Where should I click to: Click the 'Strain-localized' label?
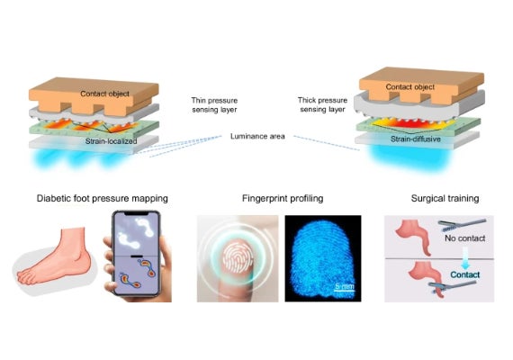[x=111, y=141]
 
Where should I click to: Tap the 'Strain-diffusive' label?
[x=416, y=139]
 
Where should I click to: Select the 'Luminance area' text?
[x=257, y=136]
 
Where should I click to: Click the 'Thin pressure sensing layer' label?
[x=214, y=104]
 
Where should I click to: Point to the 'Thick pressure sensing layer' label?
[x=322, y=104]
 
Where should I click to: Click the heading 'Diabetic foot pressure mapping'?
[x=103, y=198]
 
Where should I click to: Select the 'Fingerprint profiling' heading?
[x=283, y=198]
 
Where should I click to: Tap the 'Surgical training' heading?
[x=445, y=198]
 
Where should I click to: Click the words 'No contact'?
[x=464, y=238]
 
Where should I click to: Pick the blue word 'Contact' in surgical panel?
[x=465, y=274]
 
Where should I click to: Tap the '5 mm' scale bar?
[x=344, y=288]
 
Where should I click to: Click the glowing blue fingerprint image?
[x=322, y=258]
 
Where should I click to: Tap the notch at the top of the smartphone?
[x=136, y=213]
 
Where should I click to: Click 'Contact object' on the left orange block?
[x=104, y=94]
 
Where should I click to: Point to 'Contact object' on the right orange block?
[x=409, y=87]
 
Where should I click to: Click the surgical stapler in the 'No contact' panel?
[x=462, y=224]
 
